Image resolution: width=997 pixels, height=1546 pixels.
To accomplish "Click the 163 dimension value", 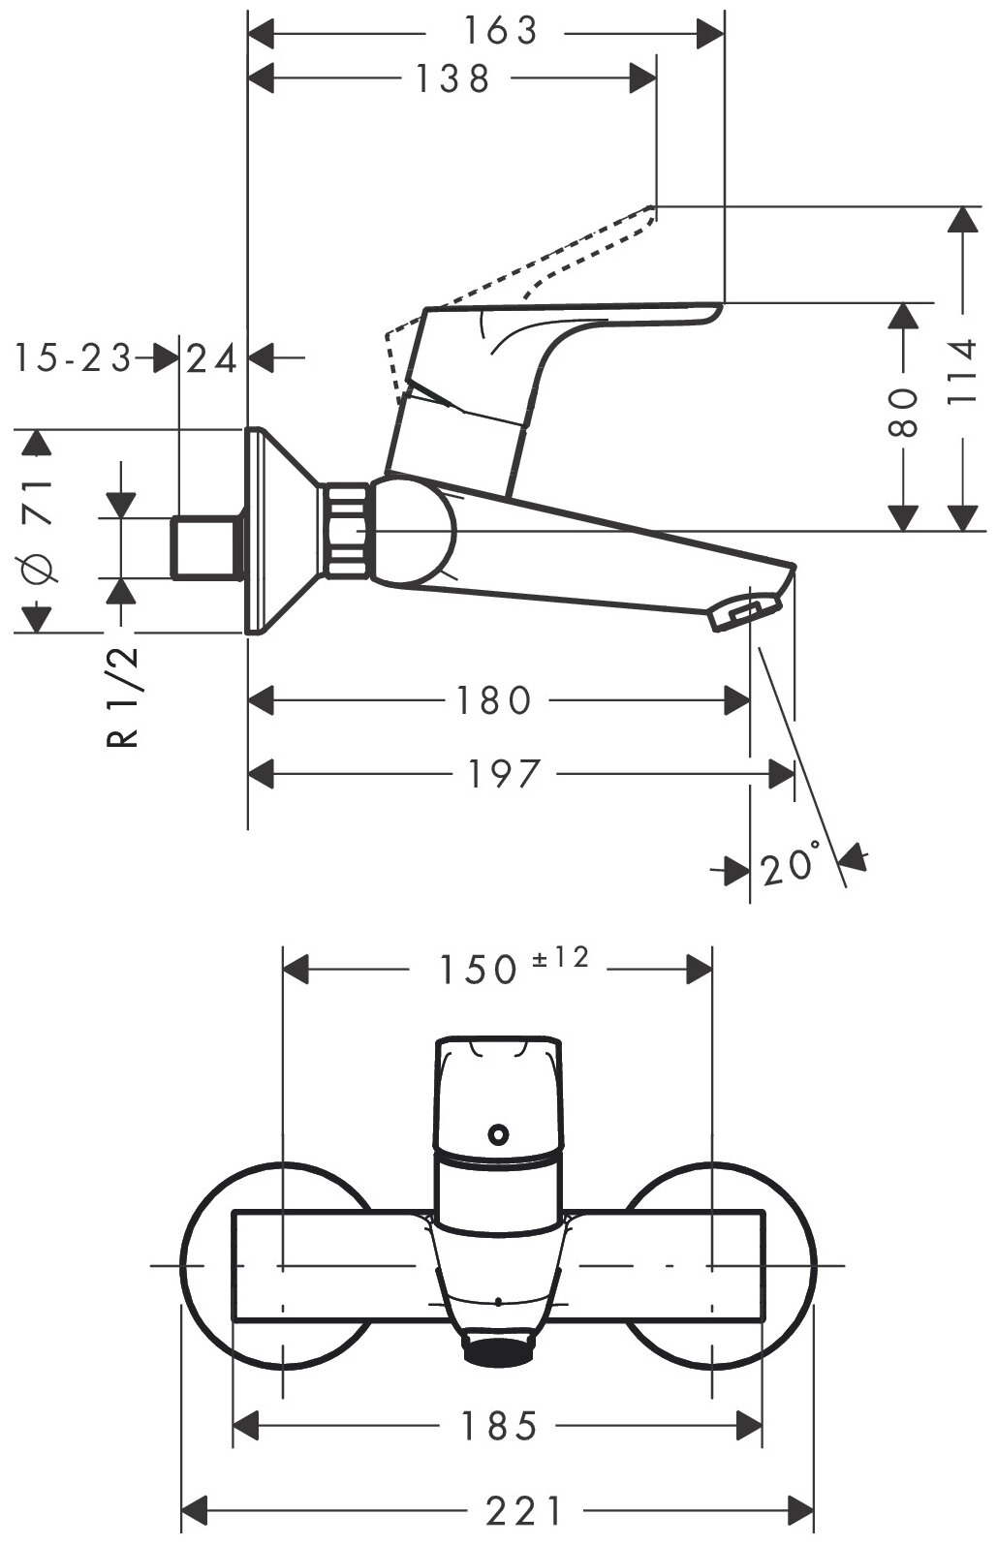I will [498, 32].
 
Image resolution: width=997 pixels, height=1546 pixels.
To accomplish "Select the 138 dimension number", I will [452, 78].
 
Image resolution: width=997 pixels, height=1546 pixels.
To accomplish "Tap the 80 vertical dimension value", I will [903, 414].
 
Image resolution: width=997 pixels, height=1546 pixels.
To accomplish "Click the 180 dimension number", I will [494, 700].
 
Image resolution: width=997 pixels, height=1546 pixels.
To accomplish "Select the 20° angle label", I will [791, 866].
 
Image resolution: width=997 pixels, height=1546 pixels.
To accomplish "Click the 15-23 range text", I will [72, 358].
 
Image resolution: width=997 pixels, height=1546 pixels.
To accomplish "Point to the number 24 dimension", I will [212, 359].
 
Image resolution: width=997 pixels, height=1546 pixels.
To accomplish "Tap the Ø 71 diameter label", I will [40, 529].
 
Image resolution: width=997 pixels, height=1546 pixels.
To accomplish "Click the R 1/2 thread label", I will [123, 698].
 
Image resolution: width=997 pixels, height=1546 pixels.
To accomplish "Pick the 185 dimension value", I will [498, 1426].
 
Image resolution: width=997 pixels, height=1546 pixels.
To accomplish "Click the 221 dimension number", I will [524, 1509].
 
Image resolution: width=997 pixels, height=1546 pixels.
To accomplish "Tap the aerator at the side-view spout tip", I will [746, 612].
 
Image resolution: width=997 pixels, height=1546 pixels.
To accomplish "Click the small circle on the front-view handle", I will [499, 1132].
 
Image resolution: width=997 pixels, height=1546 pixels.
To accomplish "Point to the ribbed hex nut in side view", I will [346, 530].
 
